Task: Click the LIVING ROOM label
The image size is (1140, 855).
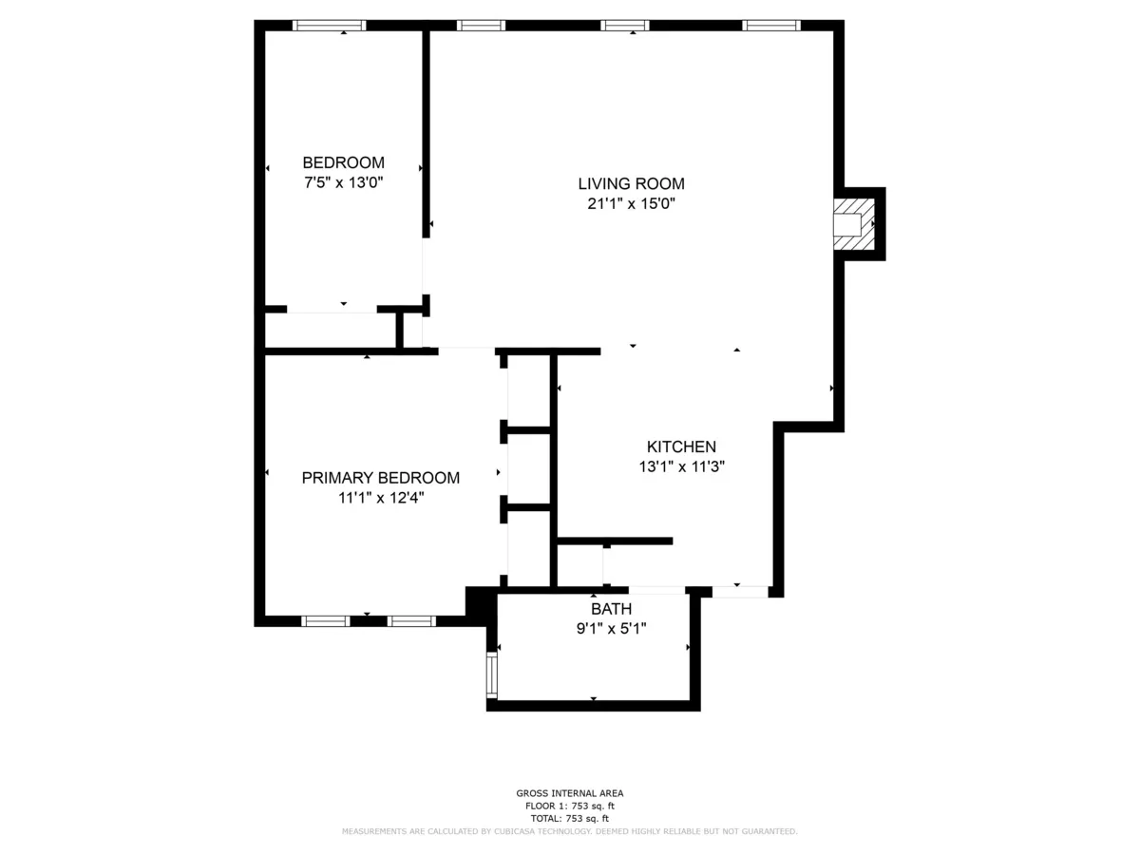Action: tap(631, 183)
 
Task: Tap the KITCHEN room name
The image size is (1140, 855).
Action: tap(681, 446)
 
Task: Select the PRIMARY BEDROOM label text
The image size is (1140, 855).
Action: tap(380, 478)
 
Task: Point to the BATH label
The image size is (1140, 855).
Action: tap(611, 609)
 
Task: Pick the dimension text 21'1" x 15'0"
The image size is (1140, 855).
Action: tap(631, 203)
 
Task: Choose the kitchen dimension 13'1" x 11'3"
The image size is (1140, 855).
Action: tap(681, 466)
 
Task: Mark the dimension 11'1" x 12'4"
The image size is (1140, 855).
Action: tap(380, 498)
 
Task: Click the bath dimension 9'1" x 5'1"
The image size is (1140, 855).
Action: tap(611, 628)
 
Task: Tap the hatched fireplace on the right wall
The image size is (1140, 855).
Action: tap(852, 224)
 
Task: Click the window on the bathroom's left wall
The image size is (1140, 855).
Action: tap(491, 674)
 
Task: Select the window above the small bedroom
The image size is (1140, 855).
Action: tap(329, 26)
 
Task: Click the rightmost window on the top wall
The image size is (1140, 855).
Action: tap(770, 26)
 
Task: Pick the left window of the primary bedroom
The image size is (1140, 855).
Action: tap(325, 621)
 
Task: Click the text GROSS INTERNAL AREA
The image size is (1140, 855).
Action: tap(570, 793)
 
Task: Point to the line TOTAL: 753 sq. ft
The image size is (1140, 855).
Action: tap(570, 818)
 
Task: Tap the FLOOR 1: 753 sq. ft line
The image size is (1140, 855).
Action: tap(570, 806)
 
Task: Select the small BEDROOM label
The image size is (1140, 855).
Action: tap(343, 162)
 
